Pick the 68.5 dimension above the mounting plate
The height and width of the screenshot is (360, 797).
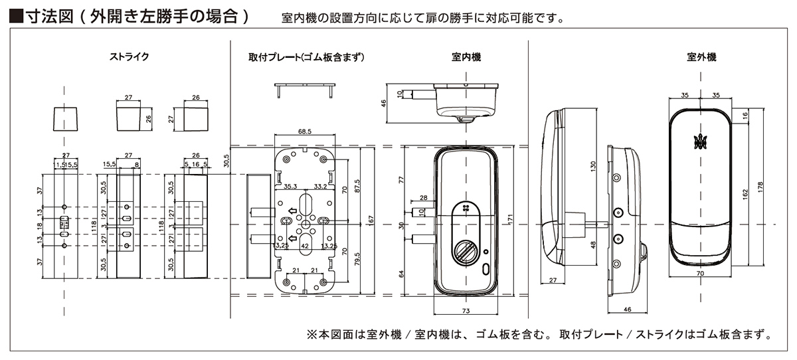305,132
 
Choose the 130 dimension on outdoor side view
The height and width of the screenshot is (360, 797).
594,165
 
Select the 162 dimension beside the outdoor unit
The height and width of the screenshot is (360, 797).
745,193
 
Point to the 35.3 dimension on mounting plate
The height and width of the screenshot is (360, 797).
290,187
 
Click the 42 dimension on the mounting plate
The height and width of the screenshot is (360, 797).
306,245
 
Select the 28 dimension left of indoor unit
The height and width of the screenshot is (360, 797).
424,198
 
